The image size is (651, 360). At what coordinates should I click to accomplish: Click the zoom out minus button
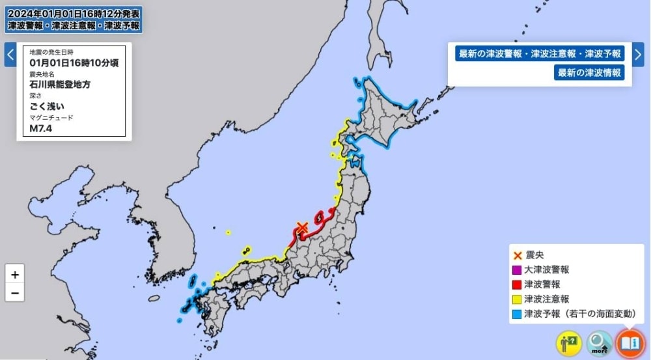[14, 293]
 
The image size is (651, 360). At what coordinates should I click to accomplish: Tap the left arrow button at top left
[10, 55]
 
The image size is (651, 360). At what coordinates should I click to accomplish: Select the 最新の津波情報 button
[589, 72]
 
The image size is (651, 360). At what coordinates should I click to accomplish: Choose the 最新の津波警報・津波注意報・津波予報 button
[540, 54]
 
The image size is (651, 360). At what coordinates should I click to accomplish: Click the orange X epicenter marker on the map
[301, 227]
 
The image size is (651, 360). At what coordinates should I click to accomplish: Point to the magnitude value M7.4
[41, 128]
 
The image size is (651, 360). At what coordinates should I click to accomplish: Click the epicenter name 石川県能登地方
[60, 85]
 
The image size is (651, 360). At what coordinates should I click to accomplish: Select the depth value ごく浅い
[47, 106]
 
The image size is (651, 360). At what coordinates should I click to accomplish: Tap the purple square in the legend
[517, 270]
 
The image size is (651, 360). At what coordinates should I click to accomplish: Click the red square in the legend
[517, 284]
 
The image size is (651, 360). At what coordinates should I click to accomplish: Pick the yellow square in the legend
[517, 299]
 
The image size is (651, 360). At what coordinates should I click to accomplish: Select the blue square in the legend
[517, 314]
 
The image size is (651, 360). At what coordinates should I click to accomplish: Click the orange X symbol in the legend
[517, 255]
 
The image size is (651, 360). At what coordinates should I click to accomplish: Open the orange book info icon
[630, 342]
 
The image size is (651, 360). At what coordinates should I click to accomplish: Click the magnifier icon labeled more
[600, 343]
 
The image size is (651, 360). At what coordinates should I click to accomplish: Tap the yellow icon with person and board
[569, 343]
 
